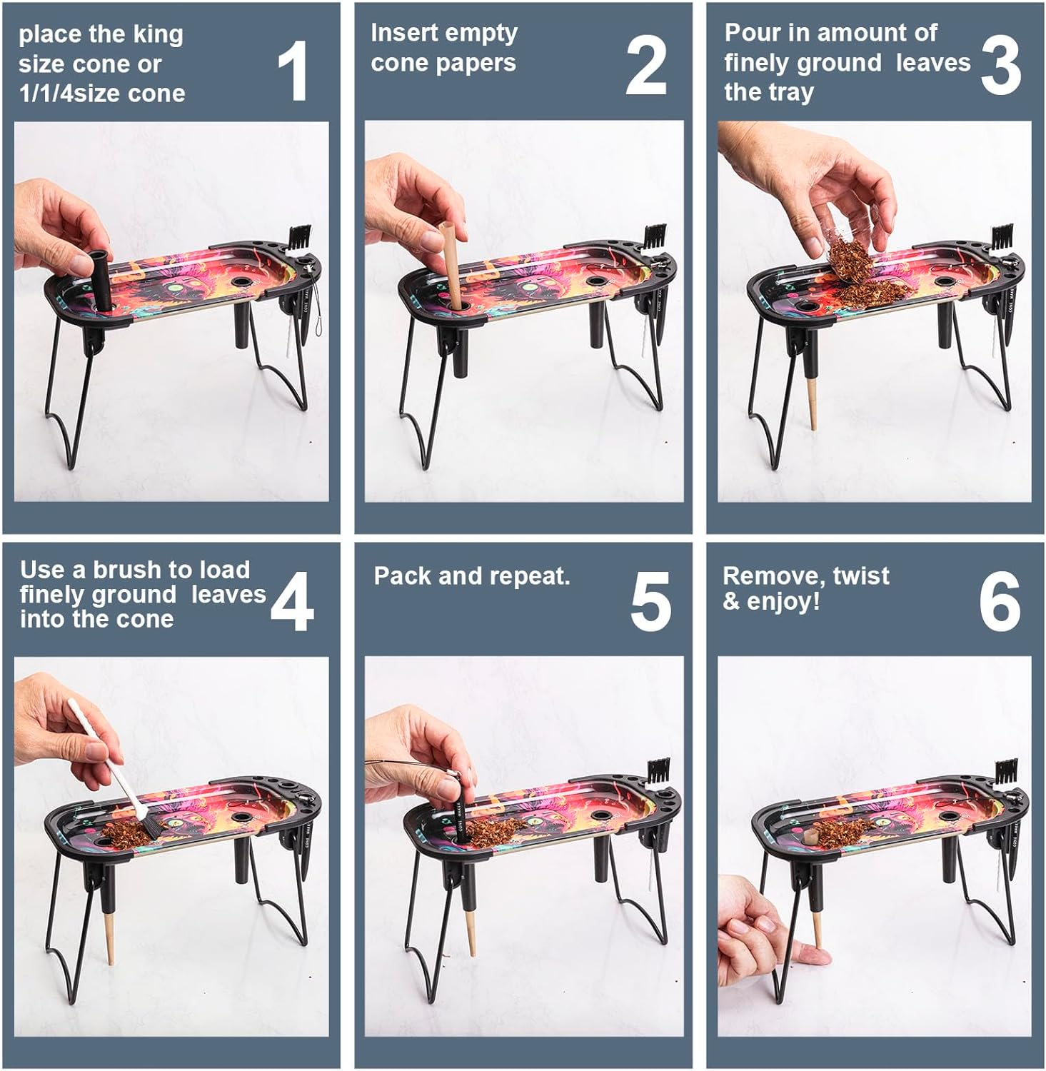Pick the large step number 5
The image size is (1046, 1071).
tap(650, 602)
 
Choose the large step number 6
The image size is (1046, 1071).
tap(1000, 602)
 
